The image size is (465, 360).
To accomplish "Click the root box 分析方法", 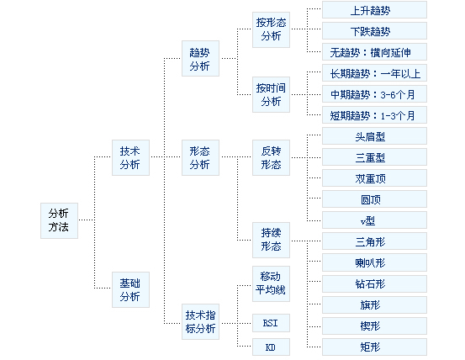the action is (x=59, y=220).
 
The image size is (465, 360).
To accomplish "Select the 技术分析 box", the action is (x=130, y=158).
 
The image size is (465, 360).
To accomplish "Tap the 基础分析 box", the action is (x=130, y=289).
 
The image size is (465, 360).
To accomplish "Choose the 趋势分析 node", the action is (x=200, y=58).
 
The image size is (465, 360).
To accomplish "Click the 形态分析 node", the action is (x=200, y=158).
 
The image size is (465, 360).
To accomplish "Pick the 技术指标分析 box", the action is (x=200, y=322).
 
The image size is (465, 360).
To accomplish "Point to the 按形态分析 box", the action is (x=271, y=29).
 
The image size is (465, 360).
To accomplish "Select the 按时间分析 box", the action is (x=271, y=94).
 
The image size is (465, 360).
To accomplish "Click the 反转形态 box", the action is (x=271, y=158).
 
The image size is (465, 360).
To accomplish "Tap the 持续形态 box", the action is (x=271, y=240).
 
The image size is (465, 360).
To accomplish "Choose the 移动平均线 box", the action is (x=271, y=283).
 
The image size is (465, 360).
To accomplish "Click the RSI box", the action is (x=271, y=323).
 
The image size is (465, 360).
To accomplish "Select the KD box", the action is (x=271, y=347).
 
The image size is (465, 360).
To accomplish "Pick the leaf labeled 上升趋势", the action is (x=374, y=10).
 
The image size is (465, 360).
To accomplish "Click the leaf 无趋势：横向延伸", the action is (x=374, y=52).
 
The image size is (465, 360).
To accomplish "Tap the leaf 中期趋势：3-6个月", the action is (x=374, y=94).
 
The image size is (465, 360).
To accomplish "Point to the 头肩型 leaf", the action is (x=374, y=136).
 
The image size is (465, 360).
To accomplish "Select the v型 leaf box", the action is (x=374, y=220).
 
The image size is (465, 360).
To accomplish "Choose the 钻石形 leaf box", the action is (x=374, y=283).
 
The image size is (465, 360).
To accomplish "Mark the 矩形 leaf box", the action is (x=374, y=347).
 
